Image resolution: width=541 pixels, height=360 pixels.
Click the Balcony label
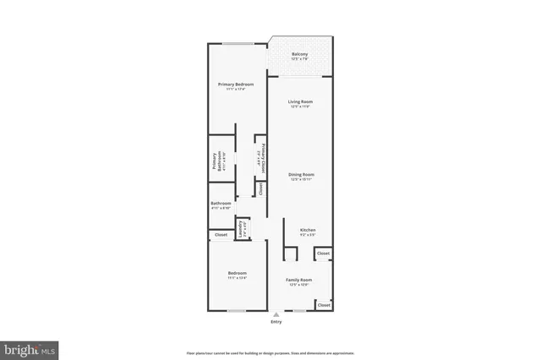[x=300, y=55]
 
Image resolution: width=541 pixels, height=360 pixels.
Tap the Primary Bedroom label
[x=236, y=85]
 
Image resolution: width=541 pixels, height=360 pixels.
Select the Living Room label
[x=300, y=102]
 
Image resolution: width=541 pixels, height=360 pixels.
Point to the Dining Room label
[x=302, y=174]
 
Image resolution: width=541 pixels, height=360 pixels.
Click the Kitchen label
[x=308, y=230]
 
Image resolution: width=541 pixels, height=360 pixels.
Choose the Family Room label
[x=299, y=280]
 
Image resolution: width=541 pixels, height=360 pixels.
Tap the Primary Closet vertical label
[x=264, y=156]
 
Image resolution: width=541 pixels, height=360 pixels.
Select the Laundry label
[x=241, y=229]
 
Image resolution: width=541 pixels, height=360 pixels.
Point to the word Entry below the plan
[x=276, y=322]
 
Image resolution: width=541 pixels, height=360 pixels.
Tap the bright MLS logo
[x=30, y=348]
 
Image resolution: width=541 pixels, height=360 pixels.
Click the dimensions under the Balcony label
[x=300, y=60]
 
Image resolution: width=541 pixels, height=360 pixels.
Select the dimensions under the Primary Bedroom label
[x=236, y=90]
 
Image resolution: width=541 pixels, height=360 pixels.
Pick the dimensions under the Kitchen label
[x=308, y=235]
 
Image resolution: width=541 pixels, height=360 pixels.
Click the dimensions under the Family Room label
[x=299, y=285]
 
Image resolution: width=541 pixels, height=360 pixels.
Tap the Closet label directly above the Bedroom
[x=221, y=235]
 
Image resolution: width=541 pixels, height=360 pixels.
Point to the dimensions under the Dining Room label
[x=302, y=179]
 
